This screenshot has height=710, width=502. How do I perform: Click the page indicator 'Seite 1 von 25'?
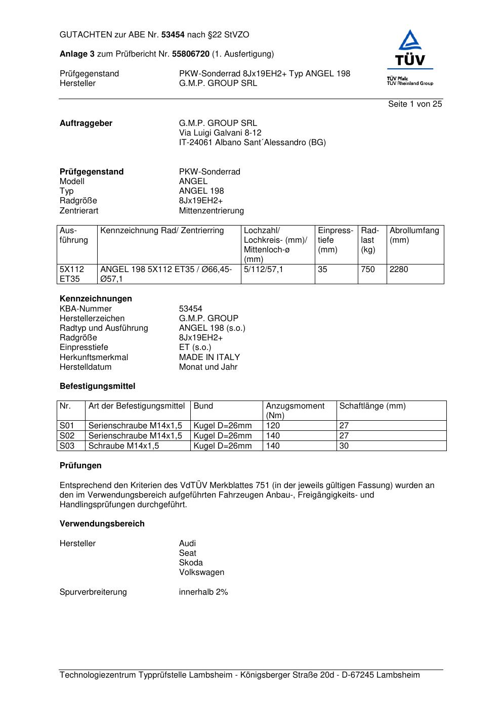(415, 104)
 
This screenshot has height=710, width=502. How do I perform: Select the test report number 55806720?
(191, 54)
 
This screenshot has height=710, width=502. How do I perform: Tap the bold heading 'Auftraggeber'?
(86, 123)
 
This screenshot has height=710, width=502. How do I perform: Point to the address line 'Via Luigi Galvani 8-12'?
(220, 133)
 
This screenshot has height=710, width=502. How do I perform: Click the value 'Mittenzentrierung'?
(211, 211)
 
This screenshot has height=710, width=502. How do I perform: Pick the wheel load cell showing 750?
(368, 270)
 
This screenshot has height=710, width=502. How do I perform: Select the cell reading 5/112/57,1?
(264, 270)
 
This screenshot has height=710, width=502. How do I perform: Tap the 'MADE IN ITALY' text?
(210, 358)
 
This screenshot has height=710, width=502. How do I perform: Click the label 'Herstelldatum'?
(86, 367)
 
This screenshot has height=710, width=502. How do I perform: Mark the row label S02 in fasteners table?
(67, 436)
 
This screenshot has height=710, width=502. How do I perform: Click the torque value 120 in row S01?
(273, 426)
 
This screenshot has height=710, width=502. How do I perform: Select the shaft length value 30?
(344, 446)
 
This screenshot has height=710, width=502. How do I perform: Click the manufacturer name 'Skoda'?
(191, 563)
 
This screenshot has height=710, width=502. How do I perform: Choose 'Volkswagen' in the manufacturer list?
(201, 573)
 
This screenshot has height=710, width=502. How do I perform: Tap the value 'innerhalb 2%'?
(203, 592)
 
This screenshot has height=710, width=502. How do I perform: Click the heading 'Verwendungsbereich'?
(102, 524)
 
